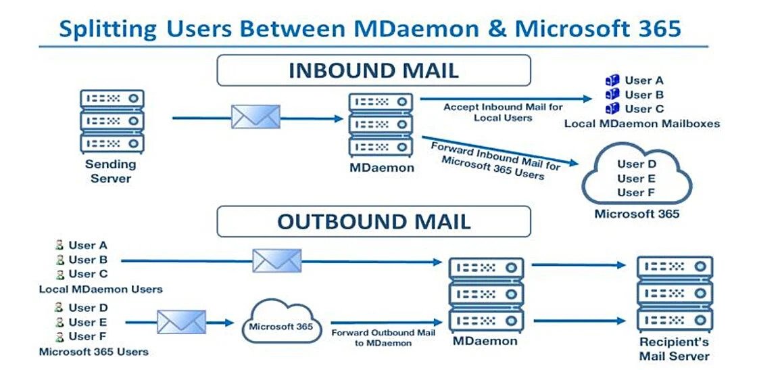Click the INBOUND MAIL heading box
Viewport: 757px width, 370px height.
373,70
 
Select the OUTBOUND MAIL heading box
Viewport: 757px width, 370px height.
373,221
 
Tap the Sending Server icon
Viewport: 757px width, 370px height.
111,121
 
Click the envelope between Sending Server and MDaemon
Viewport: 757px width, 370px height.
255,117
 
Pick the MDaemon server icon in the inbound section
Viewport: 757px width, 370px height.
381,124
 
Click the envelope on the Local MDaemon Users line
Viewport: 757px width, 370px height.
277,260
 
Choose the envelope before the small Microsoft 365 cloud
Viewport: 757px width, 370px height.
181,322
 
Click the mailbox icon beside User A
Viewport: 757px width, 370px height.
612,80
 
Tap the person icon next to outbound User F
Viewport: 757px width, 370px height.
60,337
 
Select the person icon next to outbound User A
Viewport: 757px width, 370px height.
60,246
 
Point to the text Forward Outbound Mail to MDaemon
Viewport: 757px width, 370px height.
383,338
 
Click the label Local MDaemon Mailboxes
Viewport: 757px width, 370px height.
641,124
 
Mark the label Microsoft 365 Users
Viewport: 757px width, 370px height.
93,352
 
